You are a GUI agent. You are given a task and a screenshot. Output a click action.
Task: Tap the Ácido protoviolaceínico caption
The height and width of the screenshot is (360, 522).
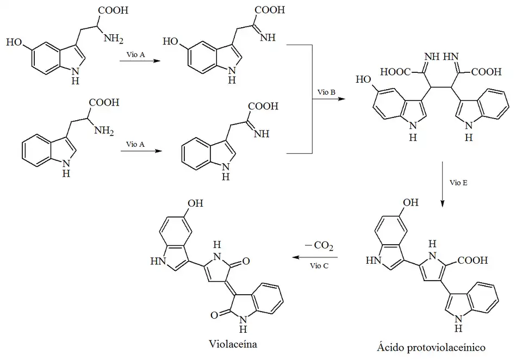pos(430,346)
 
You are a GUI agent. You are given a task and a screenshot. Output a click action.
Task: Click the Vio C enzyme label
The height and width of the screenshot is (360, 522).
pos(319,265)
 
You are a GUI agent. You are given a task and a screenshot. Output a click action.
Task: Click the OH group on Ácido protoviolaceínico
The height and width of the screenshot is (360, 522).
pos(411,203)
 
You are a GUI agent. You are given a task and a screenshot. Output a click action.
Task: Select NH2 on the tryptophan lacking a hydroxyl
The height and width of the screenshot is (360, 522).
pos(104,130)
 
